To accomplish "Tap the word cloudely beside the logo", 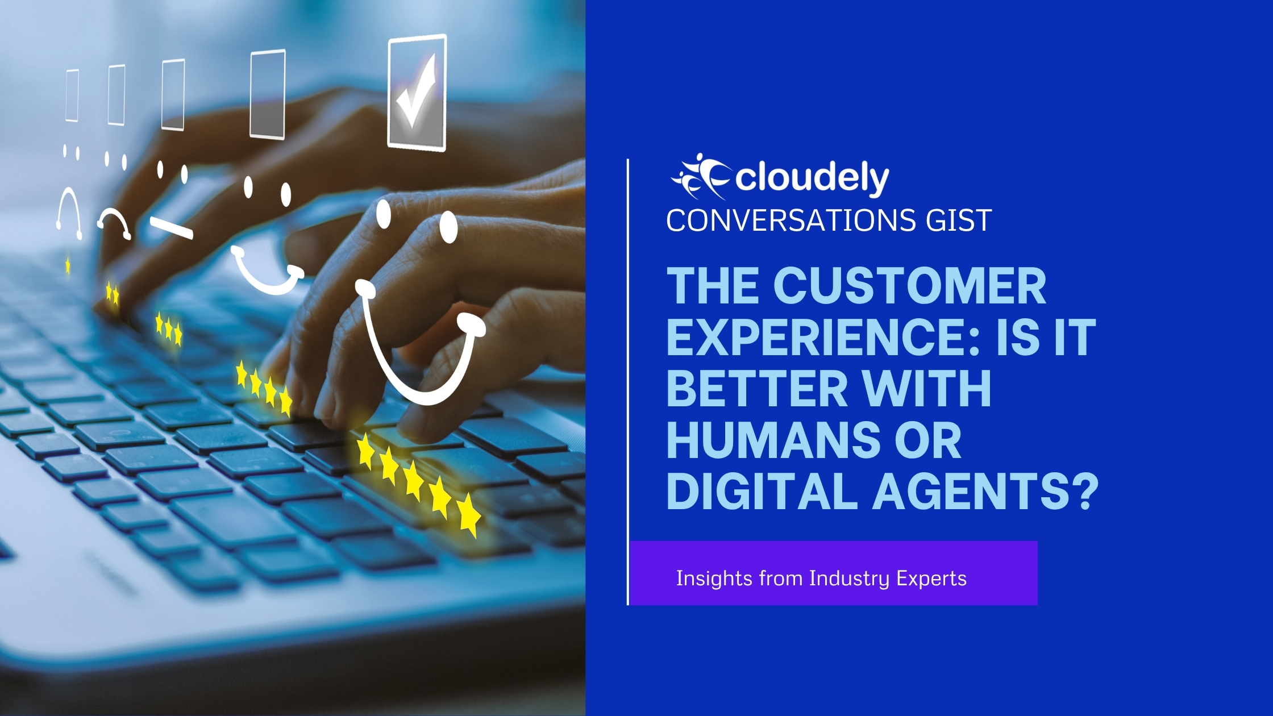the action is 813,178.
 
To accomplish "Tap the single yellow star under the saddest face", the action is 68,265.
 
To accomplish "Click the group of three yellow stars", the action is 169,329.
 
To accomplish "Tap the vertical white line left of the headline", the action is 628,382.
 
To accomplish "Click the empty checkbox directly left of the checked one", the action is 268,94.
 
